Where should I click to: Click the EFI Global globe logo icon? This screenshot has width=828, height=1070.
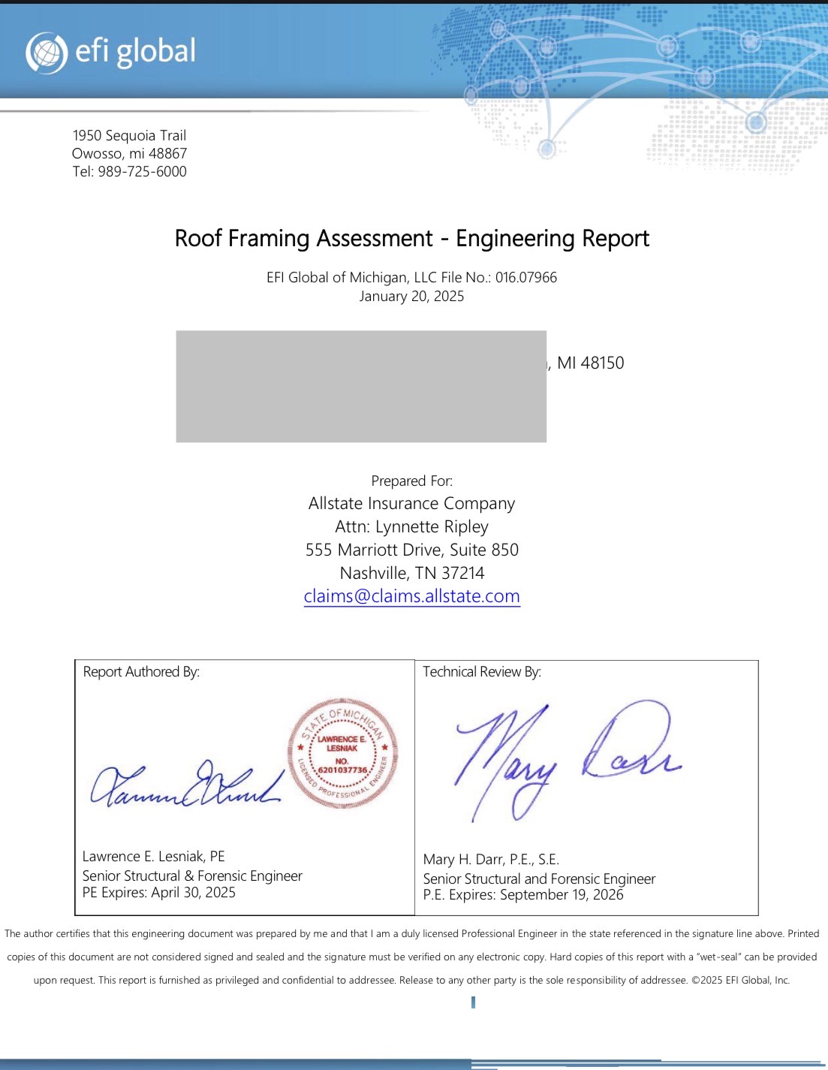pos(46,53)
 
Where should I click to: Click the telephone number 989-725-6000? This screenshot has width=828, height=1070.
pos(142,171)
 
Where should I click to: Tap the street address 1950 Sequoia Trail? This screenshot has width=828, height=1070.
pos(129,135)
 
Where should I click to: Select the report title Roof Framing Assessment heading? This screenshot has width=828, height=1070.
pos(411,238)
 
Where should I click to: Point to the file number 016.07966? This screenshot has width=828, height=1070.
pos(525,277)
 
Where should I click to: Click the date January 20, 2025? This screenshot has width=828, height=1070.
pos(411,296)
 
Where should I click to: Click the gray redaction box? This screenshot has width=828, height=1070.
pos(361,386)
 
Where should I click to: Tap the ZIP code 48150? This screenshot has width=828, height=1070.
pos(602,363)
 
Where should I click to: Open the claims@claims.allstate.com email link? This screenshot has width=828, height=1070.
pos(411,596)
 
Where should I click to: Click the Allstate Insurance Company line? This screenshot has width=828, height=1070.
pos(411,503)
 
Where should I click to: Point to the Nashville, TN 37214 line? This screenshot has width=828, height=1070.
pos(411,573)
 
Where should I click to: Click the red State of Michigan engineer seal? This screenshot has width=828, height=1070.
pos(342,753)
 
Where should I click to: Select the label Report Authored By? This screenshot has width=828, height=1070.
pos(141,671)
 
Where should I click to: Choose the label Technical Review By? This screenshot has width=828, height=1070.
pos(481,671)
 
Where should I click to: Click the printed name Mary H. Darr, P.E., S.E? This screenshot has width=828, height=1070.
pos(491,859)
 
